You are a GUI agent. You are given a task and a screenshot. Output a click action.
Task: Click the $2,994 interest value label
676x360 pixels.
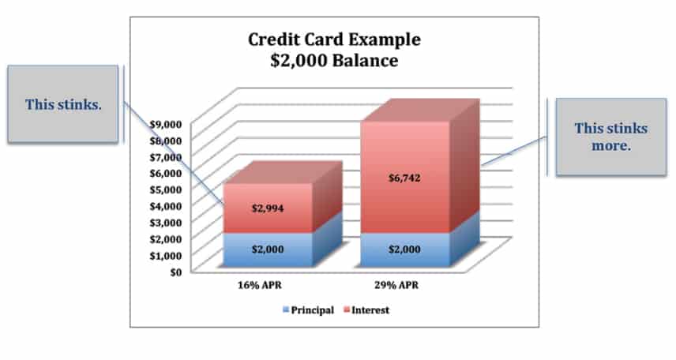click(x=268, y=208)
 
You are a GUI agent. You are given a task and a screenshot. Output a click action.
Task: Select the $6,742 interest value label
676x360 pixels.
click(x=404, y=178)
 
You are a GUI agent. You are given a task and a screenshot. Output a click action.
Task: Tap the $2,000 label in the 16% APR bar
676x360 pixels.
click(x=268, y=249)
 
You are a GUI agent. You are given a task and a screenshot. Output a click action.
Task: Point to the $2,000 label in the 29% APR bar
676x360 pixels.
click(x=404, y=249)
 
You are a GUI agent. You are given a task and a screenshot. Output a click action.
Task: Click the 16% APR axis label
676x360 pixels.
click(x=260, y=285)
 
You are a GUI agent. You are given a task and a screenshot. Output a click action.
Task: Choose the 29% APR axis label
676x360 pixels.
click(x=396, y=285)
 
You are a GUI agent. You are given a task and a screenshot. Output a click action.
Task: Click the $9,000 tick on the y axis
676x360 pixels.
click(x=166, y=124)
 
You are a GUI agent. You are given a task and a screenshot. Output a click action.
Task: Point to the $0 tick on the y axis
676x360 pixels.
click(x=175, y=272)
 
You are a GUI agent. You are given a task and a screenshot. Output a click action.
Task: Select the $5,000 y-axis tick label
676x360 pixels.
click(x=166, y=189)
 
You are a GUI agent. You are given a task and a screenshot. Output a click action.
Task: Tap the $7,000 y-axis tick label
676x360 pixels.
click(x=166, y=157)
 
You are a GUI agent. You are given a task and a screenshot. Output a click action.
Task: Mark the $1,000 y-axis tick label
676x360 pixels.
click(x=166, y=256)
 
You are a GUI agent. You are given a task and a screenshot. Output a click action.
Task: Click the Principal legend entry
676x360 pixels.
click(x=308, y=310)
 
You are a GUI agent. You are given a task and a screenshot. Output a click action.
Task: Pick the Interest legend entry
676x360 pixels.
click(x=366, y=310)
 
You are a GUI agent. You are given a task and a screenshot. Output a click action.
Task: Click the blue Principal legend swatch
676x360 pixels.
click(x=286, y=309)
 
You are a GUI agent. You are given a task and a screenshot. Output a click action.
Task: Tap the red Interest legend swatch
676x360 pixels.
click(x=347, y=309)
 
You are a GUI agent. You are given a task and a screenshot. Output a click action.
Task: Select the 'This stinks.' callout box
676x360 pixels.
click(x=63, y=104)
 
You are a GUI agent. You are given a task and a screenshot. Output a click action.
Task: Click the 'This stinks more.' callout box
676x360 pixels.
click(x=611, y=137)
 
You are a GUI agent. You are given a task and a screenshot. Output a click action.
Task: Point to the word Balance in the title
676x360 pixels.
click(x=365, y=60)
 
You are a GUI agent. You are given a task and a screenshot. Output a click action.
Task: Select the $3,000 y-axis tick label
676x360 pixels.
click(x=166, y=223)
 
